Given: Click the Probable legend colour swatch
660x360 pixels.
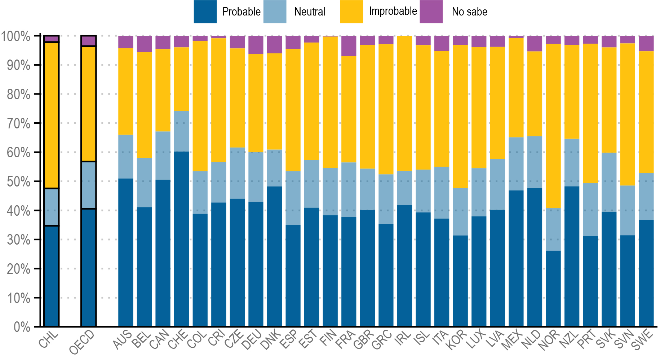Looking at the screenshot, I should [205, 12].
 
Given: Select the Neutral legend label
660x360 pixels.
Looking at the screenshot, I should [310, 12].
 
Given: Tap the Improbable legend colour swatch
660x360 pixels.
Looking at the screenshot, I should [351, 12].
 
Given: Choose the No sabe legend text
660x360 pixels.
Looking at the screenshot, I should [469, 12].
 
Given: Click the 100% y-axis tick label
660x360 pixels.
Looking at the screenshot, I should [16, 36].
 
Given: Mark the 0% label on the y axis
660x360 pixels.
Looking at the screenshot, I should [22, 327].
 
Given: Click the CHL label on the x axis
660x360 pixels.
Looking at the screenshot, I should [49, 340].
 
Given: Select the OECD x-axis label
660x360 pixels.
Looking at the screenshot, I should [82, 342].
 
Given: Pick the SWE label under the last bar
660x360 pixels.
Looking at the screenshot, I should [643, 340].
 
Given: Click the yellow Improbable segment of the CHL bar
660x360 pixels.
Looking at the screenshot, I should [51, 115].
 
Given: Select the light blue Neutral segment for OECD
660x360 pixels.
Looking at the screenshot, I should [89, 185].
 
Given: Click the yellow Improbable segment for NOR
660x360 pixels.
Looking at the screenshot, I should [553, 126].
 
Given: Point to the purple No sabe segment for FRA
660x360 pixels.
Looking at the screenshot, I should [349, 46].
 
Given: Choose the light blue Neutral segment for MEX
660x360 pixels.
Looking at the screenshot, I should [516, 164].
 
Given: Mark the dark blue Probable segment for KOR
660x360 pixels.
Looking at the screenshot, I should [460, 281].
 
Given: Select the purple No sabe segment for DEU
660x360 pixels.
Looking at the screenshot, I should [256, 45].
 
